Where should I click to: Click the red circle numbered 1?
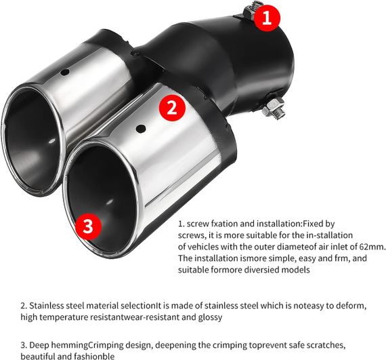click(x=267, y=18)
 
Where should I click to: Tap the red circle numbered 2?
click(x=172, y=108)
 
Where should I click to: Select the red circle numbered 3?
click(x=88, y=226)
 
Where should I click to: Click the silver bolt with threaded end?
click(x=274, y=108)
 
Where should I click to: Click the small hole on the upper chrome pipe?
click(x=65, y=72)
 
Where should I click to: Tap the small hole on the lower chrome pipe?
click(x=141, y=128)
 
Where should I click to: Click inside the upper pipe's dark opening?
click(x=32, y=142)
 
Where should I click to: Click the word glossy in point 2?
click(x=210, y=317)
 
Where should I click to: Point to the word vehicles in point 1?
click(x=203, y=247)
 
